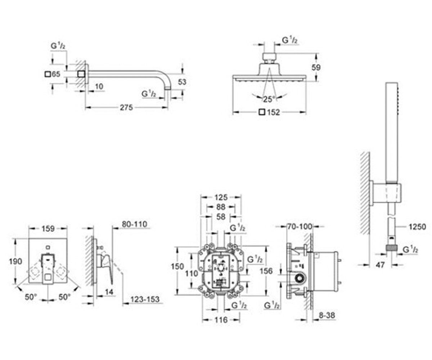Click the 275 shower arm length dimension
click(126, 108)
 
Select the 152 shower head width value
click(273, 112)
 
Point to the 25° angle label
click(269, 99)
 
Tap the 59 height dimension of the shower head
click(316, 67)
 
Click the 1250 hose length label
click(417, 227)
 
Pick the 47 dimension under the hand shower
click(380, 265)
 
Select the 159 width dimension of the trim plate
click(48, 229)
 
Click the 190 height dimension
click(15, 261)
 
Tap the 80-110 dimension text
click(135, 224)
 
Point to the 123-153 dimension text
click(145, 300)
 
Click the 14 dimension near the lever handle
click(109, 292)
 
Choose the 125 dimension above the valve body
click(221, 197)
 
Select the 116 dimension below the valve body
click(221, 320)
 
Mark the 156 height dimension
click(266, 271)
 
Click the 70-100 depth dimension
click(300, 226)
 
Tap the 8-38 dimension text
click(327, 315)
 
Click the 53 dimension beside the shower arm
click(182, 82)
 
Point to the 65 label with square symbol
click(53, 74)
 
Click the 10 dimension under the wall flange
click(99, 86)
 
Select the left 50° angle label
click(31, 297)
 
